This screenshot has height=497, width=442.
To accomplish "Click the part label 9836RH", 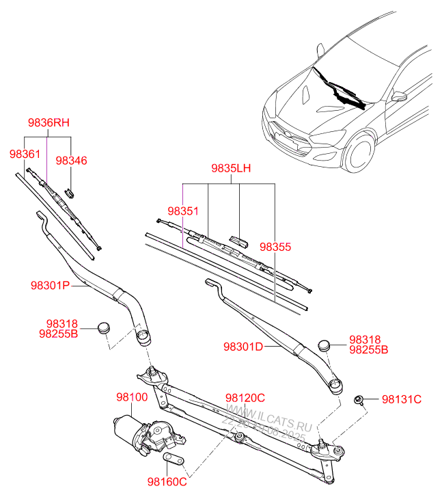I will tap(49, 123).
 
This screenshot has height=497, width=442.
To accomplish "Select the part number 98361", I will tap(25, 155).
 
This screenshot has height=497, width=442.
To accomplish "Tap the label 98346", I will tap(72, 161).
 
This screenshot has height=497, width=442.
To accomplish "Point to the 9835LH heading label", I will tap(230, 168).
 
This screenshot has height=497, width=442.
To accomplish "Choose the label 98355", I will tap(275, 247).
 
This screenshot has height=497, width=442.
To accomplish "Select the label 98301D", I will tap(243, 347).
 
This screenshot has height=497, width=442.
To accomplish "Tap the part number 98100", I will tap(132, 397).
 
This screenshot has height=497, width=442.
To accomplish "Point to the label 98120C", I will tap(245, 398).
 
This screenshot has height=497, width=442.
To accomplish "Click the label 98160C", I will tap(167, 482).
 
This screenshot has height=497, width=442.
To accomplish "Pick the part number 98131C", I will tap(402, 399).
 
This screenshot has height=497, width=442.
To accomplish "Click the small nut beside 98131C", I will tap(357, 399).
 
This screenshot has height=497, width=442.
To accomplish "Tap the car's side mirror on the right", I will tap(398, 96).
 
